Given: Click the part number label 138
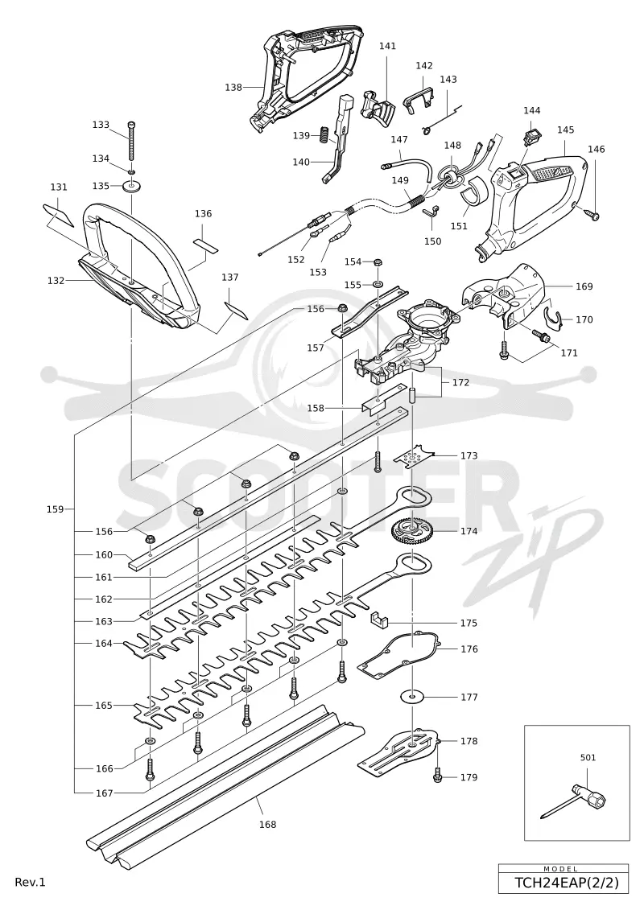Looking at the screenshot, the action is [x=233, y=87].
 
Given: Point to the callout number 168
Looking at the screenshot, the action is [x=268, y=824].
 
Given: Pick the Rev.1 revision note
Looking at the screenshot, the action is [x=31, y=882].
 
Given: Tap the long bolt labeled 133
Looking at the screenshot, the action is [x=132, y=142].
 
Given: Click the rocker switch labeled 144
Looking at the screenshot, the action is [x=530, y=137].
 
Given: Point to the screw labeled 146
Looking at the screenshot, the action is [x=593, y=216].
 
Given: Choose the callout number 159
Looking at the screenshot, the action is [x=56, y=509].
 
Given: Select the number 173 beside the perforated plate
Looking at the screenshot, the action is [x=469, y=455].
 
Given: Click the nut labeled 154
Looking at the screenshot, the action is [x=377, y=262].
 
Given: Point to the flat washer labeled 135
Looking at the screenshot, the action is [x=132, y=187].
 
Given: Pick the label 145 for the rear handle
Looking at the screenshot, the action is [x=566, y=130].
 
